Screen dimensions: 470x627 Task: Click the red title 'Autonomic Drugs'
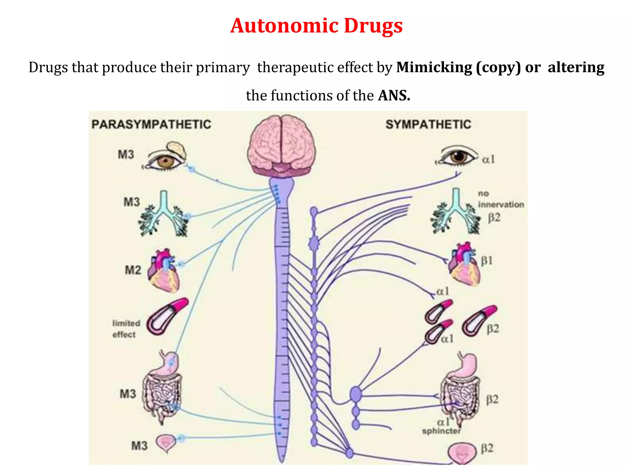(316, 26)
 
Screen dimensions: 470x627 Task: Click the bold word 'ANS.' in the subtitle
(394, 95)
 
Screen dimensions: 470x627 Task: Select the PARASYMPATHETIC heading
(151, 124)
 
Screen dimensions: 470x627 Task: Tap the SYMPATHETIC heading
(428, 124)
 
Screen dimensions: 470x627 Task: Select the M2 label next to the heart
(133, 270)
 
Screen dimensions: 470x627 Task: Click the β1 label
(487, 260)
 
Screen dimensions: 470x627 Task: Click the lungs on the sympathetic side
(455, 214)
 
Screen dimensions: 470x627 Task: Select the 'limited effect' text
(126, 329)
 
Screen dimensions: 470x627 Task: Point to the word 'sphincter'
(441, 431)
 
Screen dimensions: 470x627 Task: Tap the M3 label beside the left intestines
(128, 394)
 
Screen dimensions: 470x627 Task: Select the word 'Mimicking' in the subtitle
(434, 67)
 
